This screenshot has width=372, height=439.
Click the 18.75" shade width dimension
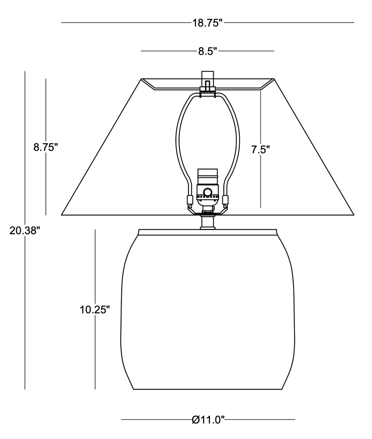click(x=207, y=23)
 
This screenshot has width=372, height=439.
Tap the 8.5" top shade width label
click(x=207, y=52)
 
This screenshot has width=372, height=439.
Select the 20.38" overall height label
click(x=25, y=230)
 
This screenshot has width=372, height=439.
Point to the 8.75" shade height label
click(x=46, y=147)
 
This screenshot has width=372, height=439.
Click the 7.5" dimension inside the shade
click(x=260, y=150)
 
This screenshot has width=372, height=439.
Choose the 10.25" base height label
click(x=95, y=309)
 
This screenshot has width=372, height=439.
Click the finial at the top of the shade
click(x=207, y=75)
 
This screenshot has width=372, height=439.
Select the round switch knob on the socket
click(x=207, y=192)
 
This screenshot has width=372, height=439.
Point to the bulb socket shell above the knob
click(x=207, y=177)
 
